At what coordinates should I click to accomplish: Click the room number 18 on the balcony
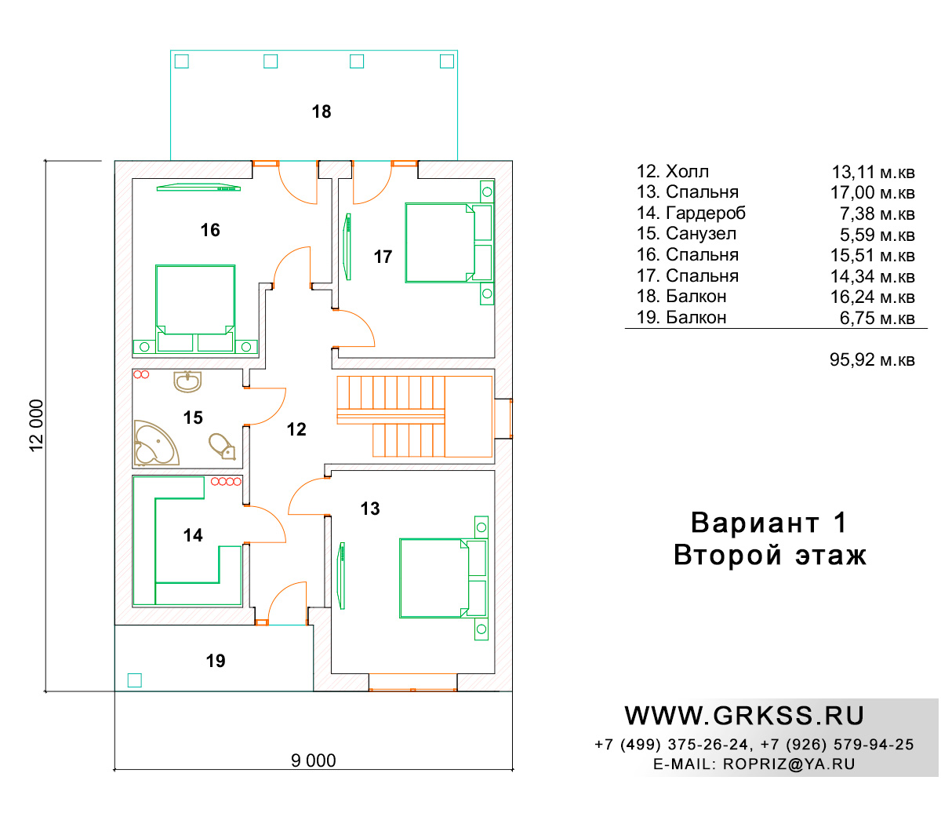321,111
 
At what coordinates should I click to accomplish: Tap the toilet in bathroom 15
222,446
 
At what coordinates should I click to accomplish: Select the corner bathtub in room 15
155,442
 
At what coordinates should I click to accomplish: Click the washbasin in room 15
187,381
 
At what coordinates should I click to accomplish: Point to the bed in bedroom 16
195,308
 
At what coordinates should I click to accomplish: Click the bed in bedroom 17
449,242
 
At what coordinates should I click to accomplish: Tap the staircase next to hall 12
414,416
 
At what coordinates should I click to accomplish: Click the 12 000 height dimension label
36,425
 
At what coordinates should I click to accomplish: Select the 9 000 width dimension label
313,760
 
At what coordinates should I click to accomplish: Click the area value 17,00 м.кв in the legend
872,193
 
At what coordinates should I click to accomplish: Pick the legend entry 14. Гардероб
691,213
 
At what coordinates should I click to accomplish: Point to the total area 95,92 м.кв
872,359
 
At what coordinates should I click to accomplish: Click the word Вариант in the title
754,523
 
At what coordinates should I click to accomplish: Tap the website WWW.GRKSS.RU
744,716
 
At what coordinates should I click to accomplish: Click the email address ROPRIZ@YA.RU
789,764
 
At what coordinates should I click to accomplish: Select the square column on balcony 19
134,680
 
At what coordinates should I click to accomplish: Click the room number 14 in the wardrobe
193,535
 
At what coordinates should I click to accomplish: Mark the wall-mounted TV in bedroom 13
341,575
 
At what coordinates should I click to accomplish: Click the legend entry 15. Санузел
686,234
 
